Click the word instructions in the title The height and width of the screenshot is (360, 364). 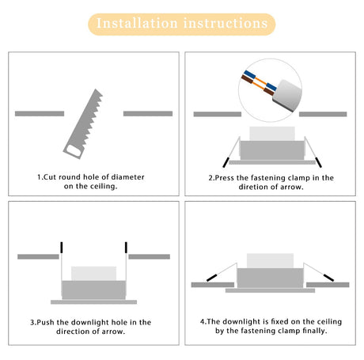(x=226, y=24)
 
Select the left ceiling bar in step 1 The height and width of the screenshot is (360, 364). (x=40, y=113)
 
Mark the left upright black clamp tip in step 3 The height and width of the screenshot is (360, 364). (x=60, y=248)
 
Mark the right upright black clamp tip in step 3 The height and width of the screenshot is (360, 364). (x=127, y=248)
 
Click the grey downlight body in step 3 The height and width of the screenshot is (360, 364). (x=93, y=289)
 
